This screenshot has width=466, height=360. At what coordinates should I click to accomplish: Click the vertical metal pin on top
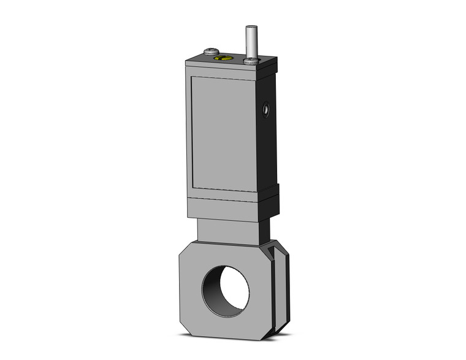250,42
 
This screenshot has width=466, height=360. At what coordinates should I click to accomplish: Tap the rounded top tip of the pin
250,27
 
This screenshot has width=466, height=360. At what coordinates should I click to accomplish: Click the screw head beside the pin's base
250,61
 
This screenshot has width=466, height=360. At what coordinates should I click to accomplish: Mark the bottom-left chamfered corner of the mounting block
186,326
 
